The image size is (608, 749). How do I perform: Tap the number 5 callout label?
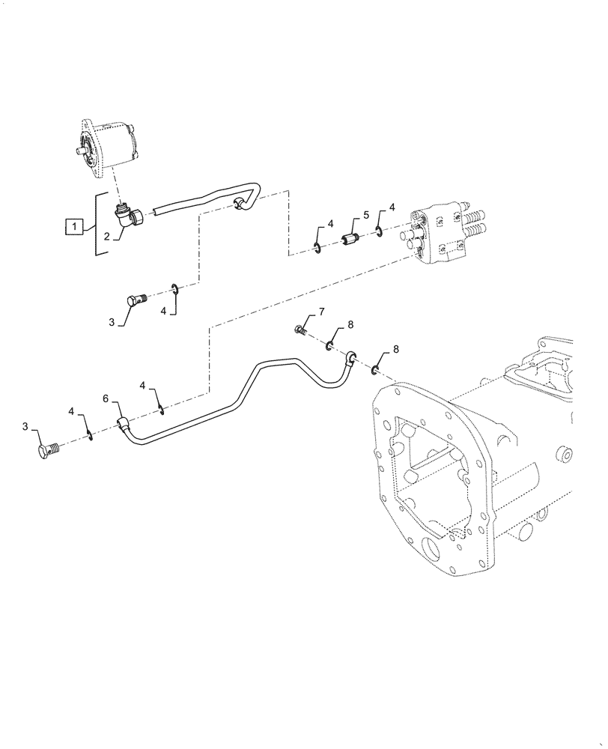366,215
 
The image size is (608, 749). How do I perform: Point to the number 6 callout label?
106,400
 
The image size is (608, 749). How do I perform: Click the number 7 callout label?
321,311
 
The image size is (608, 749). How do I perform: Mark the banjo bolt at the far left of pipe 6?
48,452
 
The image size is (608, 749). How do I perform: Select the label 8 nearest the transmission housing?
396,351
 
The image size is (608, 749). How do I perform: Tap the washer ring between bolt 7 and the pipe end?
329,345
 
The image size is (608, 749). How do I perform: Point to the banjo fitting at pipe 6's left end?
124,425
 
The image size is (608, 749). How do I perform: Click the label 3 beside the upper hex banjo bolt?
111,323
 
